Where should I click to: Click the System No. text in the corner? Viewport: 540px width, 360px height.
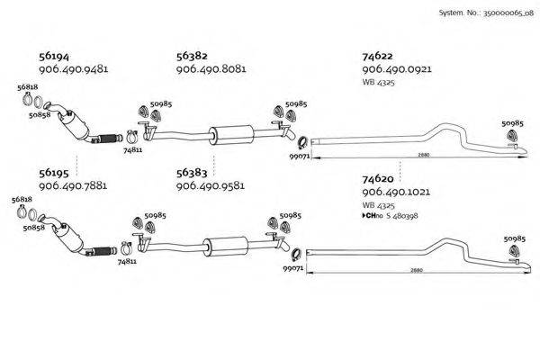click(x=486, y=13)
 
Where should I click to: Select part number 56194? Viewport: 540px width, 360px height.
click(x=54, y=56)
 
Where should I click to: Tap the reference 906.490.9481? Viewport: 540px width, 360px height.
click(x=74, y=69)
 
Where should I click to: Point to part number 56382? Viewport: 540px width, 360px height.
click(x=192, y=56)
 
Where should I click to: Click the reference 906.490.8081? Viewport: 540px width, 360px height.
click(x=211, y=69)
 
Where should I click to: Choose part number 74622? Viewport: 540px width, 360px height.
click(x=377, y=56)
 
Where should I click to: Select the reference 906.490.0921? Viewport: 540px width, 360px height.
click(x=397, y=69)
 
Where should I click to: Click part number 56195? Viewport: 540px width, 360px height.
click(x=54, y=173)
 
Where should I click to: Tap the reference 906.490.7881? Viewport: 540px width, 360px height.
click(x=73, y=186)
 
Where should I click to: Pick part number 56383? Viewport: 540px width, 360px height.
click(x=192, y=173)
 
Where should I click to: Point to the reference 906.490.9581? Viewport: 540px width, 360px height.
click(x=211, y=186)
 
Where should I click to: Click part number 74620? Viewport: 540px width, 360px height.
click(x=378, y=179)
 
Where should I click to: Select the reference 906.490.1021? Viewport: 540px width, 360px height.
click(x=396, y=192)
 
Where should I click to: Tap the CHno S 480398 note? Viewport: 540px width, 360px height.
click(x=391, y=216)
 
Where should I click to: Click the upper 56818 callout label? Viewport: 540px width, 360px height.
click(x=28, y=87)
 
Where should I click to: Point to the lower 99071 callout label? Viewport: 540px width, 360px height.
click(x=293, y=268)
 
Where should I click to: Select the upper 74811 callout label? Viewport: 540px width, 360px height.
click(x=133, y=150)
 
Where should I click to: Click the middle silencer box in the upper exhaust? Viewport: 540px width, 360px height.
click(x=231, y=135)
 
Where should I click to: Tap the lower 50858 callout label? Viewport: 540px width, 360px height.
click(x=34, y=228)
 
